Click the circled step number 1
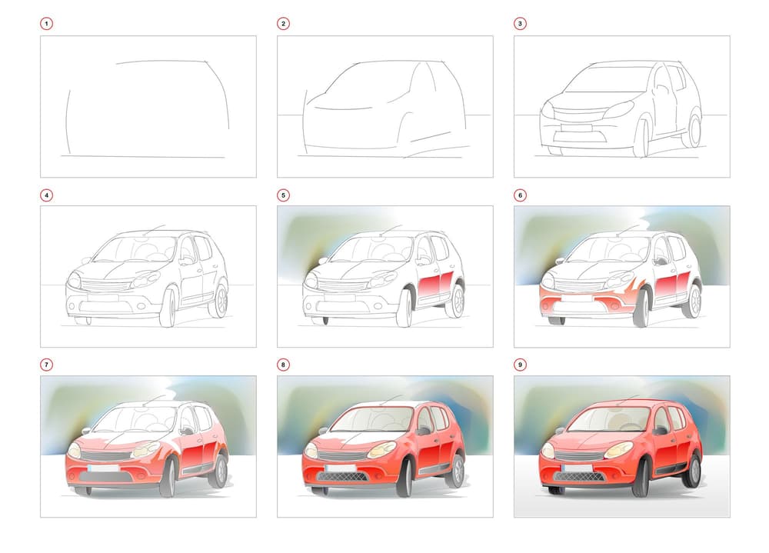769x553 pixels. click(x=47, y=24)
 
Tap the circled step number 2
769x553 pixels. click(x=283, y=24)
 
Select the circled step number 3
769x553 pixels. click(x=520, y=24)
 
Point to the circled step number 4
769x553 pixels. click(x=47, y=195)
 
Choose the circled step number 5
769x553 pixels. click(x=283, y=195)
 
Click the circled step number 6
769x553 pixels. click(x=520, y=195)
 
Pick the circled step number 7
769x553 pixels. click(x=47, y=365)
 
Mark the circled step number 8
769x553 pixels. click(x=283, y=365)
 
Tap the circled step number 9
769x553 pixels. click(x=520, y=365)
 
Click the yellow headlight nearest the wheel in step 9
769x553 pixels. click(x=618, y=449)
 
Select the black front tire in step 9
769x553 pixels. click(x=641, y=478)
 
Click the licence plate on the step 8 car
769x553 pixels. click(x=341, y=468)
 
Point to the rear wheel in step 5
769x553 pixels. click(x=456, y=299)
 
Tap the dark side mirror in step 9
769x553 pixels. click(x=660, y=431)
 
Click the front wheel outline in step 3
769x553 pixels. click(x=641, y=138)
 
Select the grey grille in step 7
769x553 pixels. click(x=106, y=456)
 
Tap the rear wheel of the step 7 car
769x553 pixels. click(x=220, y=470)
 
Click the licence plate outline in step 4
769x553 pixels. click(x=103, y=298)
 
